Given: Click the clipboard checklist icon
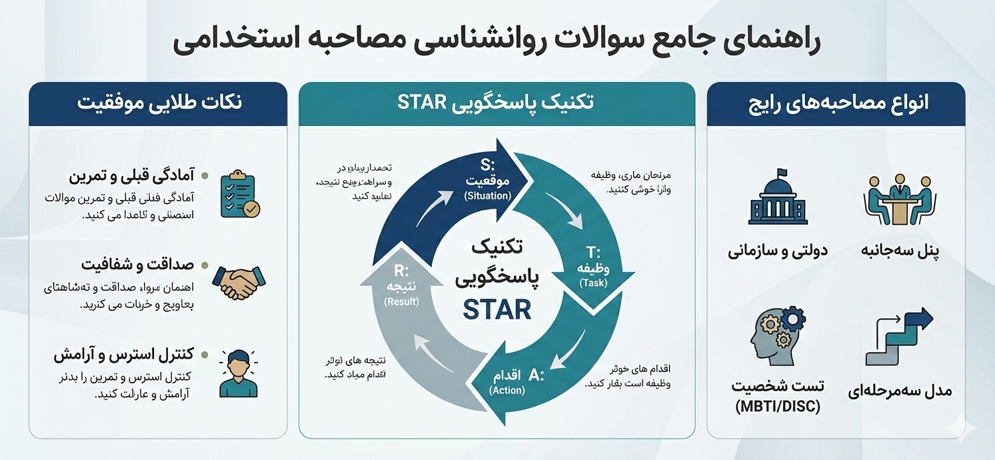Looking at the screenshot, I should pyautogui.click(x=240, y=194).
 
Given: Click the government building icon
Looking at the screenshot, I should pyautogui.click(x=776, y=197).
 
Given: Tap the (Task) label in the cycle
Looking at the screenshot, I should pyautogui.click(x=594, y=283).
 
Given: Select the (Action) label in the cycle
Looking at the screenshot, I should pyautogui.click(x=507, y=390).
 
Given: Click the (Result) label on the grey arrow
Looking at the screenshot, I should pyautogui.click(x=401, y=301).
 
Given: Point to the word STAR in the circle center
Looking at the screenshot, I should pyautogui.click(x=498, y=310).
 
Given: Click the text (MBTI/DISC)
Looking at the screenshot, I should pyautogui.click(x=777, y=407).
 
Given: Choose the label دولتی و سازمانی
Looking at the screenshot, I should pyautogui.click(x=777, y=251).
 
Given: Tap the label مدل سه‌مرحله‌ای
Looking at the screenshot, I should pyautogui.click(x=900, y=391).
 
